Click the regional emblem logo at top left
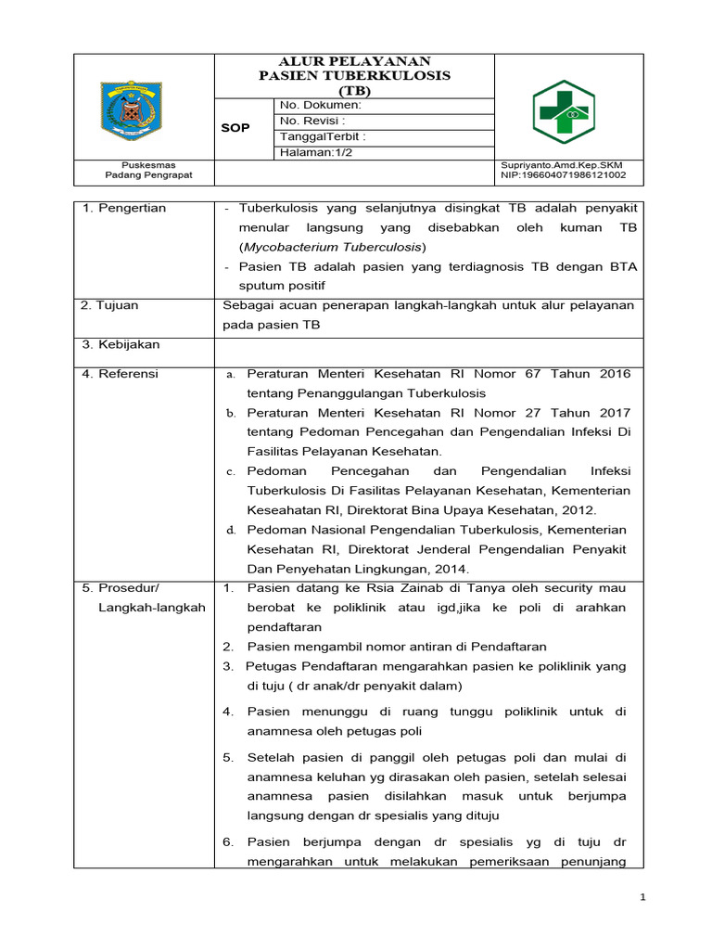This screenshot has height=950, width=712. pyautogui.click(x=144, y=107)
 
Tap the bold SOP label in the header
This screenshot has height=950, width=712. pyautogui.click(x=235, y=128)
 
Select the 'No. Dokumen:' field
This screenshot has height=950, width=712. pyautogui.click(x=320, y=106)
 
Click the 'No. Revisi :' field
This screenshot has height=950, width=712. pyautogui.click(x=312, y=121)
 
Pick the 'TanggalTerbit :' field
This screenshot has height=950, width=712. pyautogui.click(x=323, y=136)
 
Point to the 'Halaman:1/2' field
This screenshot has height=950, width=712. pyautogui.click(x=314, y=152)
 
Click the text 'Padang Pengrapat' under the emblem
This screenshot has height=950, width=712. pyautogui.click(x=143, y=174)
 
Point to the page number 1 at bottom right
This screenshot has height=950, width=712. pyautogui.click(x=642, y=897)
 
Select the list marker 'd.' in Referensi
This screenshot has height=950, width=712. pyautogui.click(x=232, y=530)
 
